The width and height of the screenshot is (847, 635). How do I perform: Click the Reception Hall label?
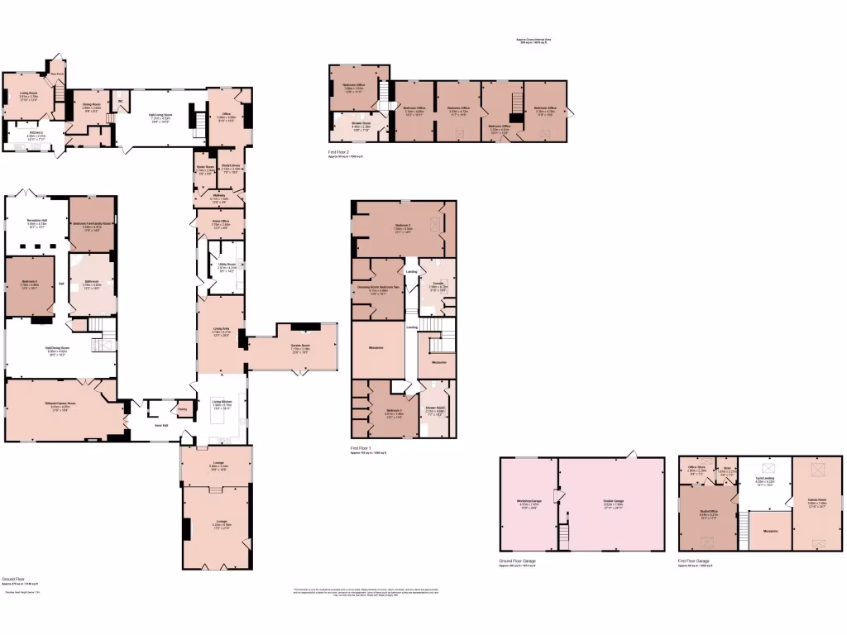coord(38,220)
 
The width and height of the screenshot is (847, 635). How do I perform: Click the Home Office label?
coord(220,221)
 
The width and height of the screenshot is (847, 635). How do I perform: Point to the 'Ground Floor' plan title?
coord(12,580)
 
